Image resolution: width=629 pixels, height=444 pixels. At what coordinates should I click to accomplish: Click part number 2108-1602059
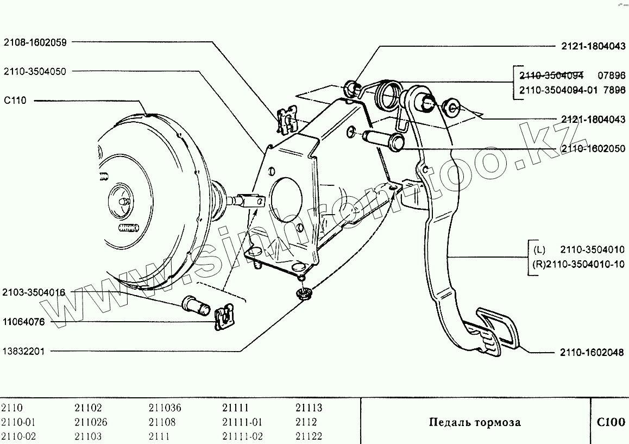click(35, 42)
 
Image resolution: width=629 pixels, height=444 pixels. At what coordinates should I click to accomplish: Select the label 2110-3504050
click(35, 71)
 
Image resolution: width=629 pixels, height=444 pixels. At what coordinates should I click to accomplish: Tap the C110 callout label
click(15, 101)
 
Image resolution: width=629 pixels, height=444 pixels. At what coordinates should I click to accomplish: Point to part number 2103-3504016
click(34, 292)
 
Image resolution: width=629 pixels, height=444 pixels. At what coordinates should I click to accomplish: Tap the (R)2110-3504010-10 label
click(578, 265)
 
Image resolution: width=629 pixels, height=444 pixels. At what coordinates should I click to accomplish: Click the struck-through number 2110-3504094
click(551, 76)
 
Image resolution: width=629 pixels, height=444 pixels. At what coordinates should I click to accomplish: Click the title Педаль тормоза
click(474, 422)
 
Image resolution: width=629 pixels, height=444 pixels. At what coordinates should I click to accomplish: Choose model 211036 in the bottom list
click(165, 408)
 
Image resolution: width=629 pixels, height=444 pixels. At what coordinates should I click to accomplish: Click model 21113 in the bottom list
click(309, 408)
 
